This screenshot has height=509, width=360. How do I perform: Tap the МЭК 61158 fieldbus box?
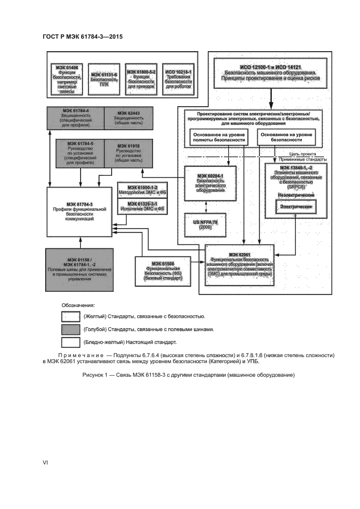(x=81, y=266)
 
